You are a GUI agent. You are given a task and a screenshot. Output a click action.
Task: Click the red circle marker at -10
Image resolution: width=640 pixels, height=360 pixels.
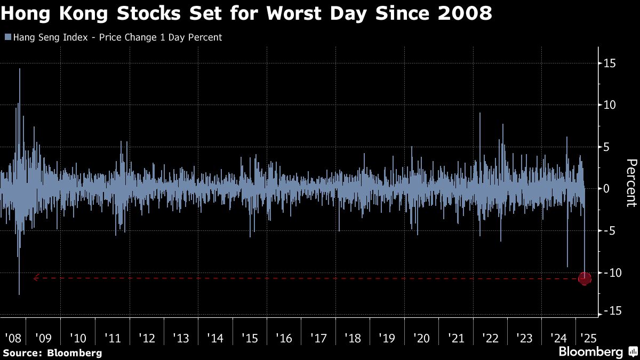[x=585, y=278]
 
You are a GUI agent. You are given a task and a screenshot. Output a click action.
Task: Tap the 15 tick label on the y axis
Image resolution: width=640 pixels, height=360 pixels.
[x=609, y=63]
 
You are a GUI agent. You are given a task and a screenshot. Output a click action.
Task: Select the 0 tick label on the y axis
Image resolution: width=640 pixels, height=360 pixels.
[x=606, y=189]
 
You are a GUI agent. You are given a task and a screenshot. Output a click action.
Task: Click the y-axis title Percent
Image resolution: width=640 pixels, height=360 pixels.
[x=630, y=183]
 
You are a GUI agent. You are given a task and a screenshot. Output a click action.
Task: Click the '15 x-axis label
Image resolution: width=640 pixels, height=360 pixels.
[x=250, y=338]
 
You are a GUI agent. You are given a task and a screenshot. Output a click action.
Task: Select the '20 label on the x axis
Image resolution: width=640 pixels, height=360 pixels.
[x=421, y=338]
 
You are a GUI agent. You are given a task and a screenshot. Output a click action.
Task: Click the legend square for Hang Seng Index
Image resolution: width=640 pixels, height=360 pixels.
[x=7, y=37]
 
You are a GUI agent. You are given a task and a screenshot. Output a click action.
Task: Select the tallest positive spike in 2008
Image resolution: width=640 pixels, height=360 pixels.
[x=20, y=69]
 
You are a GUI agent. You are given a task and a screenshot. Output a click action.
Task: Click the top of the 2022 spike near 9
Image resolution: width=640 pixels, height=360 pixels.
[x=480, y=114]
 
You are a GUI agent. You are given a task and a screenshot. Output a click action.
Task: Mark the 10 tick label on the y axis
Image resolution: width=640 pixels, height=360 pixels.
[x=609, y=105]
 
